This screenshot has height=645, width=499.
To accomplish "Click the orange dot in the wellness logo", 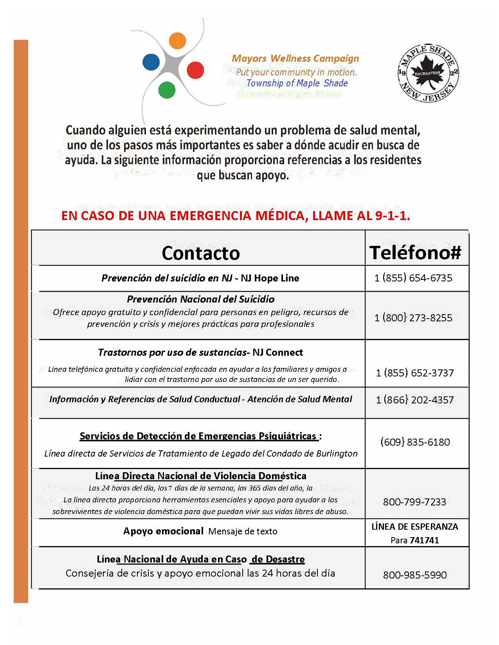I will [x=178, y=41].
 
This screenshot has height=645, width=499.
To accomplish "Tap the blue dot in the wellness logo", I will [x=151, y=61].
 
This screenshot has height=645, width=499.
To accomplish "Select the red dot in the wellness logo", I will [x=195, y=70].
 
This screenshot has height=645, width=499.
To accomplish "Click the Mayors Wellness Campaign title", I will [x=295, y=59].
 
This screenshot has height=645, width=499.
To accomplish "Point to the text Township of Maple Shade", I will [x=297, y=83].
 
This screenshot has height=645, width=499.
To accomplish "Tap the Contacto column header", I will [x=200, y=253].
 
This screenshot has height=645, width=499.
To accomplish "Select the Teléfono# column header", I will [x=415, y=253].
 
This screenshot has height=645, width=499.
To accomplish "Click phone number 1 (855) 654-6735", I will [x=413, y=278].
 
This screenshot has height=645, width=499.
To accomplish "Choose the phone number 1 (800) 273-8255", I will [x=413, y=317].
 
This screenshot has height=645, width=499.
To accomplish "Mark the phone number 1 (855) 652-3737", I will [x=415, y=373].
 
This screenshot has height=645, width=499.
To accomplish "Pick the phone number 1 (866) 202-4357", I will [x=415, y=400].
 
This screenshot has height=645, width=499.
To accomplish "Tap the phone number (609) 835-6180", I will [x=415, y=442].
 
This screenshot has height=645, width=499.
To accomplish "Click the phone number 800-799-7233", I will [x=414, y=502].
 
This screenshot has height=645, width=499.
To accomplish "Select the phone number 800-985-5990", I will [x=415, y=575].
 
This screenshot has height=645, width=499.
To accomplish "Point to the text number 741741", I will [x=424, y=541].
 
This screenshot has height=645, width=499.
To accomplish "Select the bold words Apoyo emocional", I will [x=163, y=531].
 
